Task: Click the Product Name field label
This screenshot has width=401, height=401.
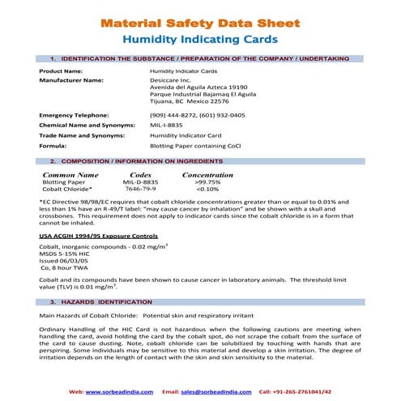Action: click(x=62, y=71)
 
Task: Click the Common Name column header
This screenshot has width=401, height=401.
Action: click(x=70, y=174)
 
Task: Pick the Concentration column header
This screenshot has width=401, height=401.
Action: click(x=207, y=174)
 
